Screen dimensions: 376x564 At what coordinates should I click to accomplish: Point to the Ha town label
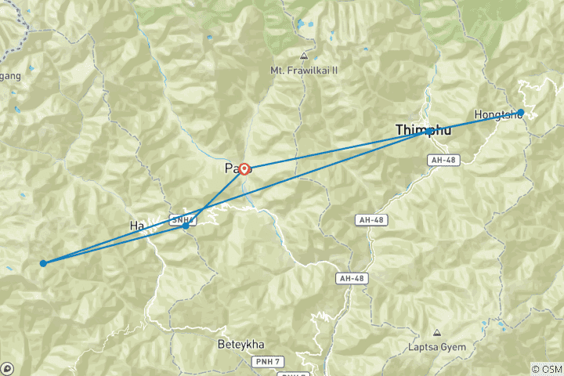coord(138,226)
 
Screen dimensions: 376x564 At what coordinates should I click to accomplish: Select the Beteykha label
coord(242,343)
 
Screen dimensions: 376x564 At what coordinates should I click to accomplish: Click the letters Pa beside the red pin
coord(231,168)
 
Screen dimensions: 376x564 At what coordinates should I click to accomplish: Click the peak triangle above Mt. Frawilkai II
coord(303,56)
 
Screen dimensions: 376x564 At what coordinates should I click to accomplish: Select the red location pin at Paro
coord(244,168)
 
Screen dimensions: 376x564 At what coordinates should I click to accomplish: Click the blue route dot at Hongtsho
coord(520,112)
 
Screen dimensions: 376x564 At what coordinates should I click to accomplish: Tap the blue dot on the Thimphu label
coord(428,132)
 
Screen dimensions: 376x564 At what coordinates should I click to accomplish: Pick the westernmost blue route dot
coord(43,263)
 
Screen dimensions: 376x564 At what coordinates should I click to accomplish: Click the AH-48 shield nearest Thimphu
coord(442,160)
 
